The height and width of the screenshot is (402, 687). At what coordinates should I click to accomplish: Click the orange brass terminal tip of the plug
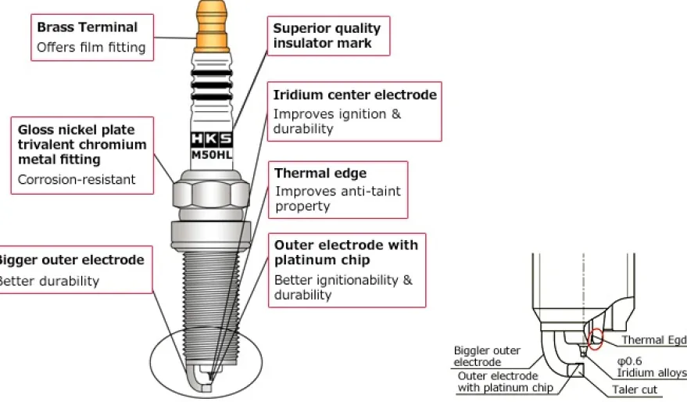tap(212, 27)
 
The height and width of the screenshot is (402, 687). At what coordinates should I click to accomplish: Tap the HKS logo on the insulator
tap(212, 139)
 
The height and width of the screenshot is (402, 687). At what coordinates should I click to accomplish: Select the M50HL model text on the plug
tap(212, 155)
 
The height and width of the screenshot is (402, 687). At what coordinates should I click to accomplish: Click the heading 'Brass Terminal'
tap(88, 27)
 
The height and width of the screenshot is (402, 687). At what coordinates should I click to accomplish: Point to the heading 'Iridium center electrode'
tap(355, 95)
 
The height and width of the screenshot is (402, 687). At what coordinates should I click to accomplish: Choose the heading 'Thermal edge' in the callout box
tap(320, 173)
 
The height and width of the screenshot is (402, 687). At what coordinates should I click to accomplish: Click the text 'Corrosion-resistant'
tap(77, 179)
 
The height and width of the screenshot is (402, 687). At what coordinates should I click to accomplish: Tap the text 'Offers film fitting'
tap(91, 48)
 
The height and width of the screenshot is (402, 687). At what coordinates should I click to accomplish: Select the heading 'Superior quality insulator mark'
tap(327, 35)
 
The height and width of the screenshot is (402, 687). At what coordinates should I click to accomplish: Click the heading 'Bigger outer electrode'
tap(71, 260)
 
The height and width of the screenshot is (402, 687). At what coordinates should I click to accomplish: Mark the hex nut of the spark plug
tap(212, 194)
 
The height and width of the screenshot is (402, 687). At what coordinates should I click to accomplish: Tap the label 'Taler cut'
tap(635, 389)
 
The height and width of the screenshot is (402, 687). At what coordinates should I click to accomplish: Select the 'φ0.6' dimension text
tap(630, 361)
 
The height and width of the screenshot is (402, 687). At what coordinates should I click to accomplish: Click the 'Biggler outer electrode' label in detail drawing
tap(487, 356)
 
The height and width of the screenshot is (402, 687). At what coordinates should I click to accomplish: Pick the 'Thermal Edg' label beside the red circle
tap(654, 339)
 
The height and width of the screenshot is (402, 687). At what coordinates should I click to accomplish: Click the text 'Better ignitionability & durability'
tap(344, 287)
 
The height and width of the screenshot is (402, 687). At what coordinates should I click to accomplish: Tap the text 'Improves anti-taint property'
tap(338, 199)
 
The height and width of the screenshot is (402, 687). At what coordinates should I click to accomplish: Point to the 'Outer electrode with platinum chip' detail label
tap(505, 382)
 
